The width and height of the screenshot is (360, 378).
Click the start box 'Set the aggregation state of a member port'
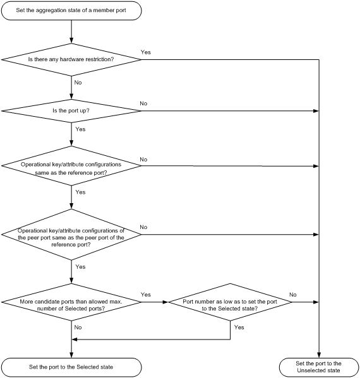(x=71, y=11)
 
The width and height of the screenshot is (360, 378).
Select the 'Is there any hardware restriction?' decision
(x=71, y=59)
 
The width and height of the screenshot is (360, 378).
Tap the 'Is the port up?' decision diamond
(x=71, y=110)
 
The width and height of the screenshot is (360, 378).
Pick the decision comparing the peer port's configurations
(x=71, y=234)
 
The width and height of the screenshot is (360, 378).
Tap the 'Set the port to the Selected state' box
(x=71, y=365)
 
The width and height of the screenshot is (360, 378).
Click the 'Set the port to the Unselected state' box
(x=319, y=366)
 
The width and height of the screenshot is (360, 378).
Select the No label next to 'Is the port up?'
(x=143, y=103)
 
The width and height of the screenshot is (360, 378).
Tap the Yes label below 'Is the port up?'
(x=80, y=129)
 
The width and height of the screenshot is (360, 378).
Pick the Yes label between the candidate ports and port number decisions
(x=146, y=295)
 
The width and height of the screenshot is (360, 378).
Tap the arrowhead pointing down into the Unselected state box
(x=319, y=354)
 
